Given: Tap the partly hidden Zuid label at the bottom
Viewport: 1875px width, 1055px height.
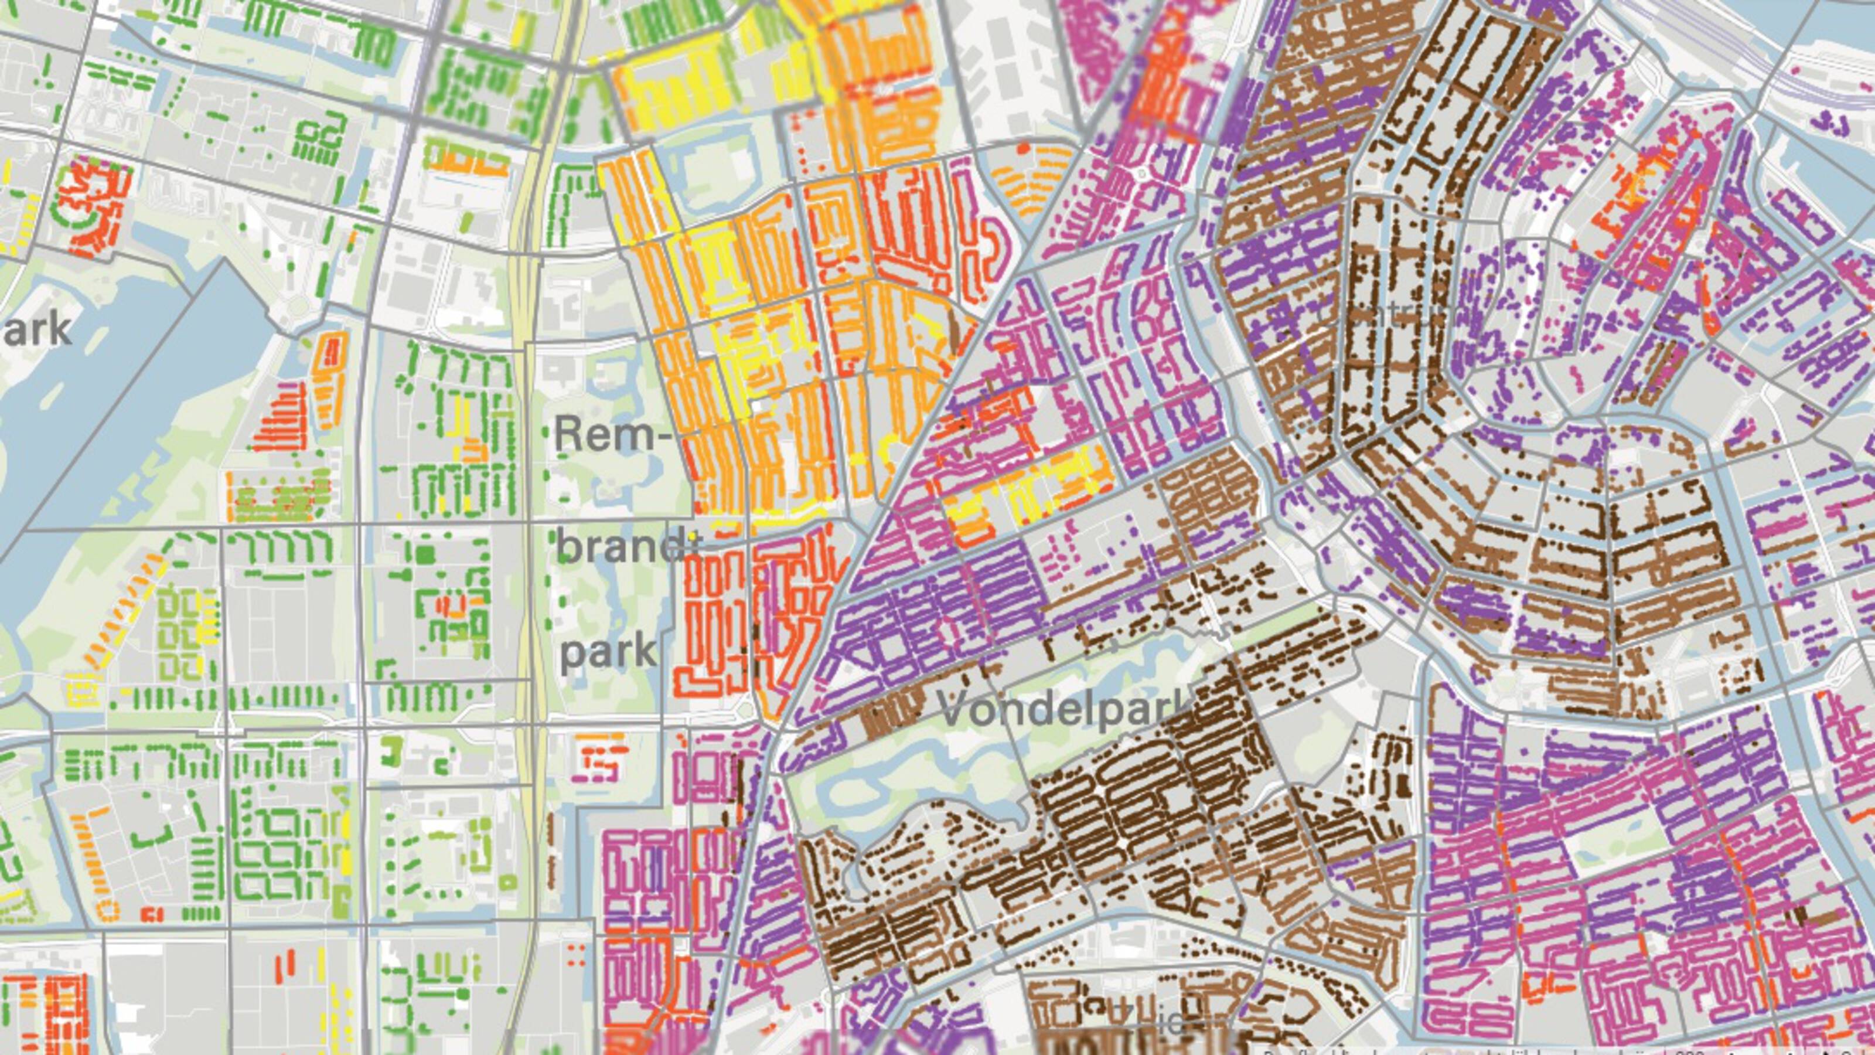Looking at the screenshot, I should pyautogui.click(x=1157, y=1022).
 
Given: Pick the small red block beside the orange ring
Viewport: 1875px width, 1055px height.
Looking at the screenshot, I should pyautogui.click(x=151, y=914).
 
